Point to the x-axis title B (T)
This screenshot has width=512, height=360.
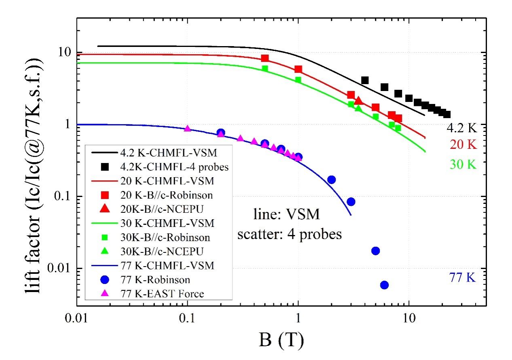281,340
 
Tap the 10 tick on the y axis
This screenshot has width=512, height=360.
63,53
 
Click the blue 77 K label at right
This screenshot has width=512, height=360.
462,277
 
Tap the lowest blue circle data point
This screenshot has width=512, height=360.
384,285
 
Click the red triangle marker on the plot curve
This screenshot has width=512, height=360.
358,100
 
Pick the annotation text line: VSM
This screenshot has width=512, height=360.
284,214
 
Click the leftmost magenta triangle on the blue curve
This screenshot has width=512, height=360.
187,128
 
